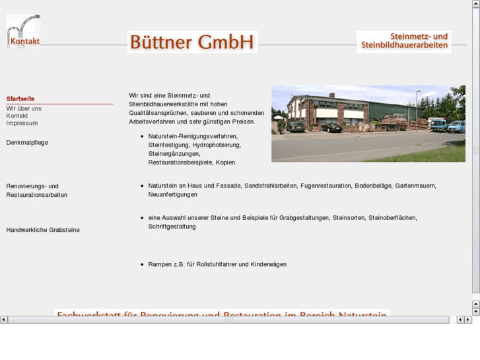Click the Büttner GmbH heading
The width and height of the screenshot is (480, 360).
click(x=192, y=42)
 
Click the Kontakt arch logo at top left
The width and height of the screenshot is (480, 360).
click(x=23, y=32)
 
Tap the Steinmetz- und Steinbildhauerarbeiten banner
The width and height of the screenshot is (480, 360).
click(x=404, y=42)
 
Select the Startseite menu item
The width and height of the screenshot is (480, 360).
click(x=20, y=99)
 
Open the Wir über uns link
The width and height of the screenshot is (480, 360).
click(x=24, y=108)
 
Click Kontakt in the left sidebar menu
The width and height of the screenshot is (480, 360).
click(x=17, y=116)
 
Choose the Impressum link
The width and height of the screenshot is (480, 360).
click(x=22, y=123)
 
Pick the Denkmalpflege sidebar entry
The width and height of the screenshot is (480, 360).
click(x=27, y=142)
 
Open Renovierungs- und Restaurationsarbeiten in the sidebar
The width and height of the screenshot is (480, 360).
click(x=36, y=190)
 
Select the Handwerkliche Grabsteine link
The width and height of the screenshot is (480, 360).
click(x=42, y=230)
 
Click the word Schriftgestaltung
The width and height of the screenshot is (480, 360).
click(x=172, y=227)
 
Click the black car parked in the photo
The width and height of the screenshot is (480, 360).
click(x=331, y=127)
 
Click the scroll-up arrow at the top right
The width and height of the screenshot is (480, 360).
click(x=476, y=4)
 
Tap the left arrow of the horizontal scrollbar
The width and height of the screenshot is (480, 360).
click(x=4, y=320)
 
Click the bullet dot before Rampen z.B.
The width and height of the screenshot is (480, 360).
click(x=142, y=264)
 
